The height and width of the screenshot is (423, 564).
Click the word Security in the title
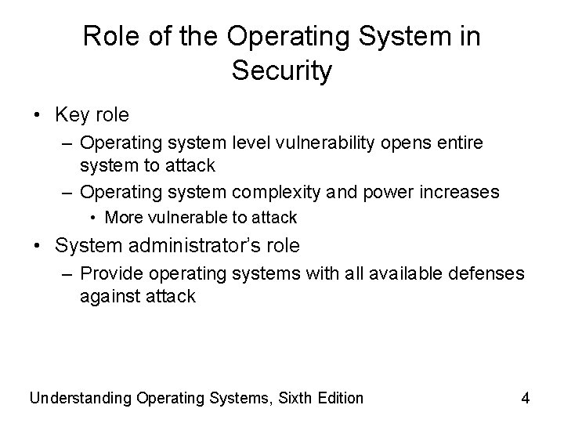point(282,71)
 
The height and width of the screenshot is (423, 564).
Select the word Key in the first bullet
point(71,115)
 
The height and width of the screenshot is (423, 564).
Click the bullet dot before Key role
point(38,116)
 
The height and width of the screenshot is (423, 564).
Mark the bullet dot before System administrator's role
point(38,247)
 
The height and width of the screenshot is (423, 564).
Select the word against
point(108,296)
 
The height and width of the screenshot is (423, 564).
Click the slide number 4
point(525,398)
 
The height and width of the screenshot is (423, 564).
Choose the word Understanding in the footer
point(79,398)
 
